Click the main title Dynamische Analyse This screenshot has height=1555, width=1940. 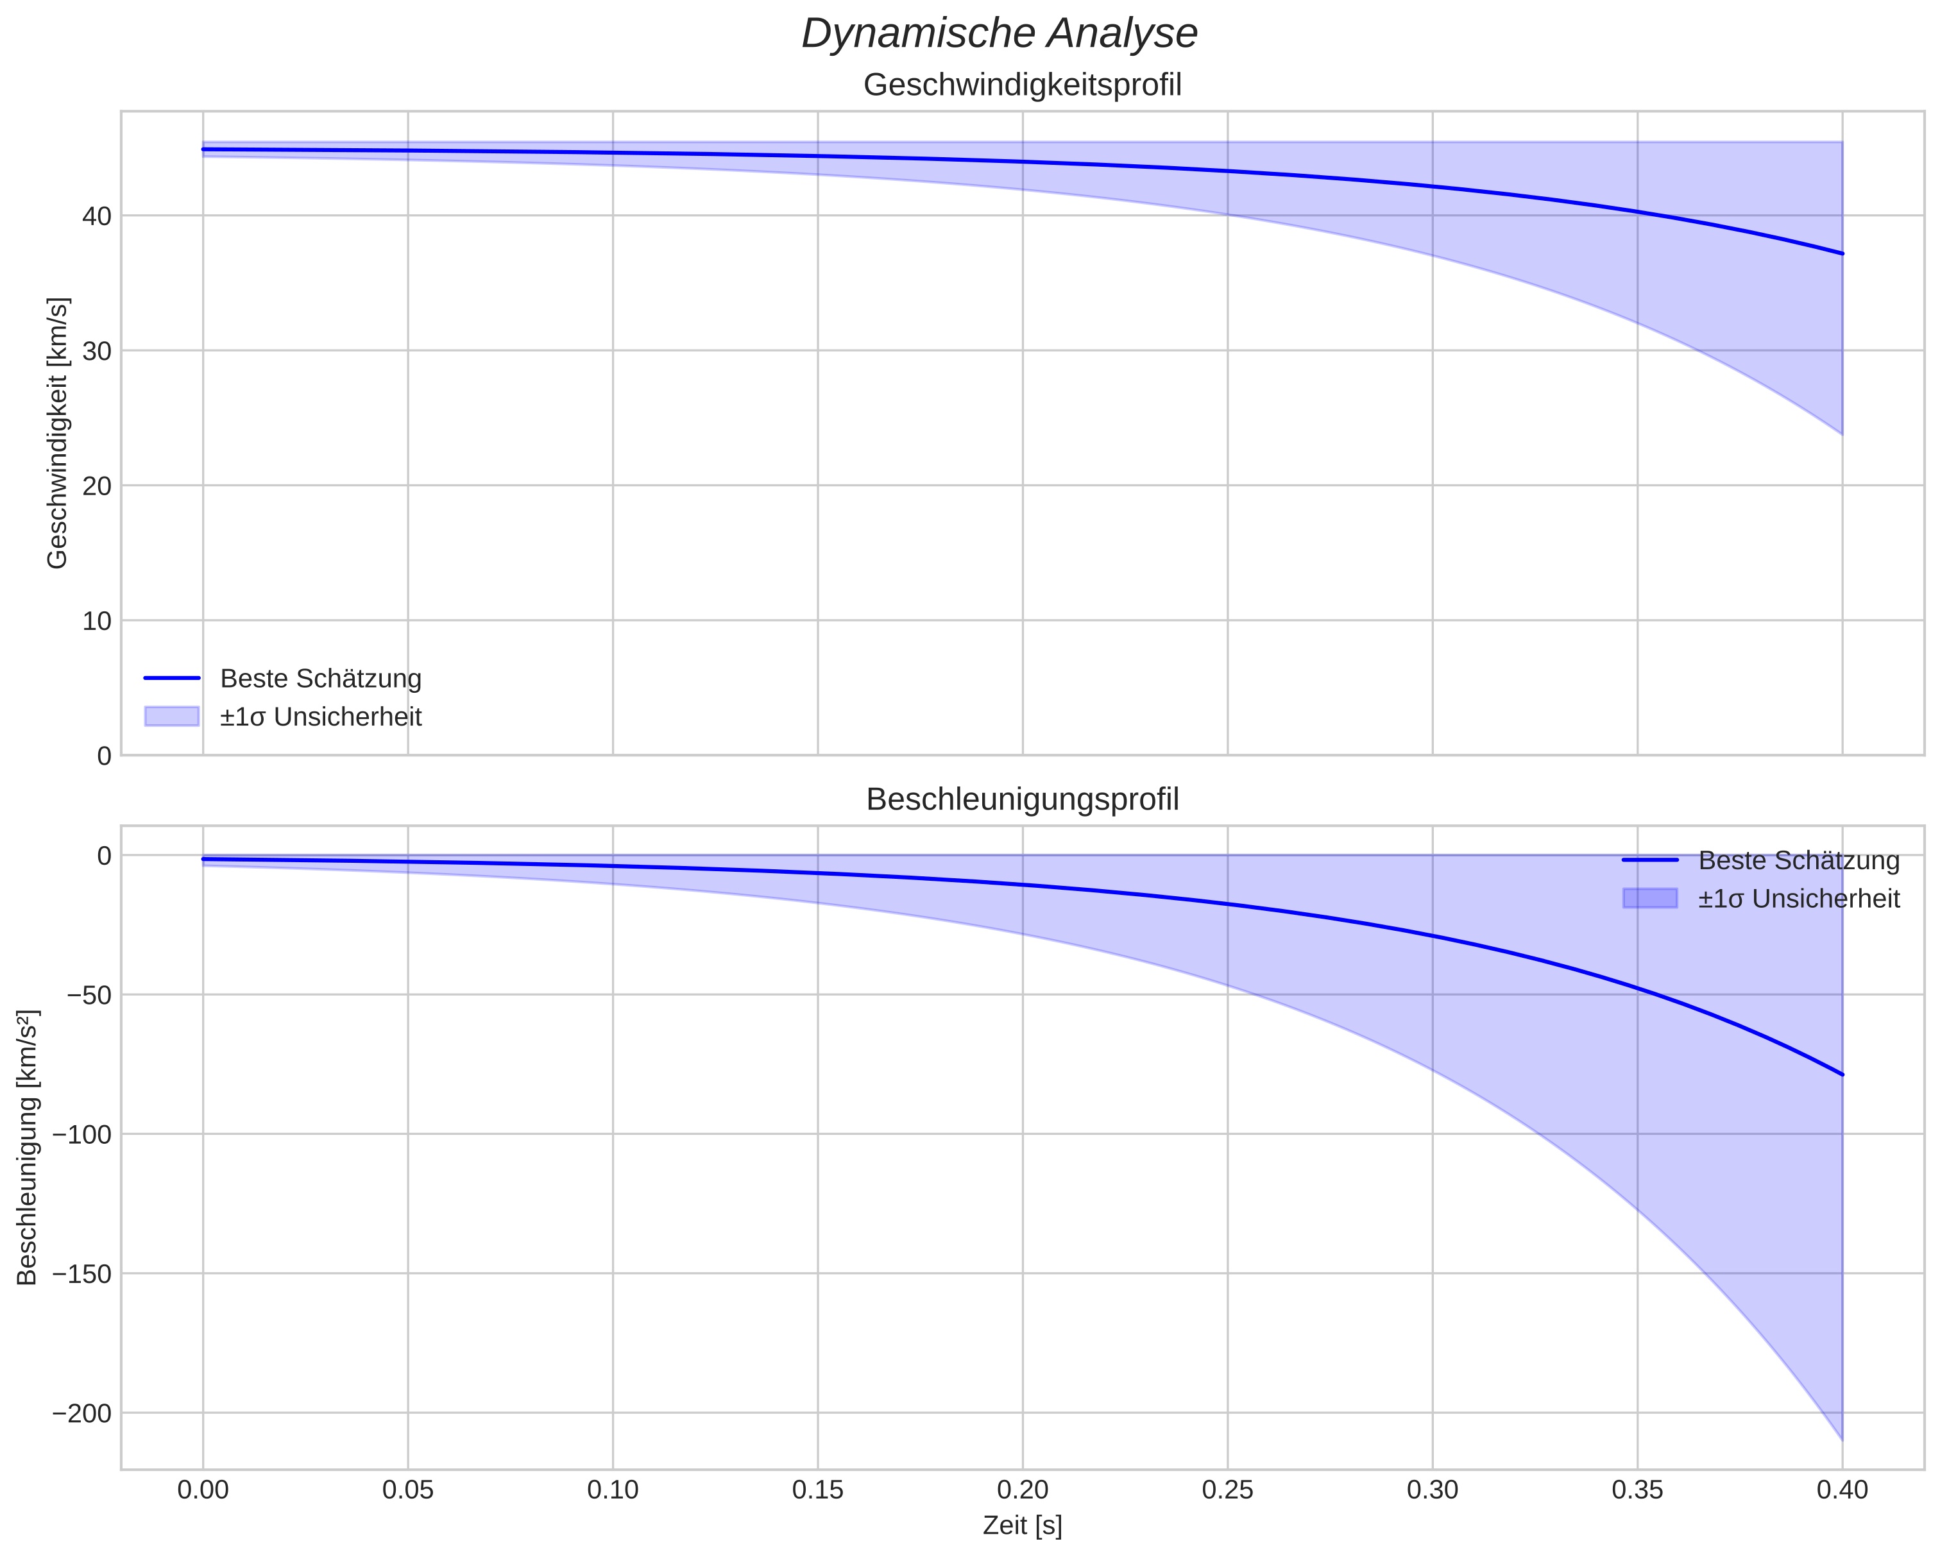pos(999,34)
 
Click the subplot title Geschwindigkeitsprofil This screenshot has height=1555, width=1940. pos(1022,85)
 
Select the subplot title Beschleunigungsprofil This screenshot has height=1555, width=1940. pos(1022,799)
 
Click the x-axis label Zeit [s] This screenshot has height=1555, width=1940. pos(1022,1525)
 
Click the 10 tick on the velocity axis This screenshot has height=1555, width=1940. pos(97,621)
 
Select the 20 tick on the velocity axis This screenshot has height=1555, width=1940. pos(97,486)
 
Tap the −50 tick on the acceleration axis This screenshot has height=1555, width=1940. pos(88,994)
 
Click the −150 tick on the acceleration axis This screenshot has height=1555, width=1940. pos(82,1273)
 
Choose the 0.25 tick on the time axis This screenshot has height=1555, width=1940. pos(1227,1490)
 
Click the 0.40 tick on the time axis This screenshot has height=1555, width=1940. pos(1842,1490)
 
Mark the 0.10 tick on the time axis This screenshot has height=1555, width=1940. pos(613,1490)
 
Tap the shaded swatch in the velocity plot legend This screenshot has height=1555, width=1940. pos(171,717)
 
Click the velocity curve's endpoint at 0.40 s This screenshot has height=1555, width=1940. pos(1842,254)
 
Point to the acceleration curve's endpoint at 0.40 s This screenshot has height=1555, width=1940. pos(1842,1075)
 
